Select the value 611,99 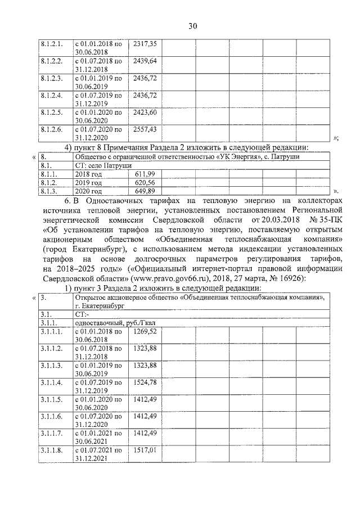[145, 175]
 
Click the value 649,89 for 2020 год [145, 191]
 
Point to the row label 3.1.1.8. [51, 451]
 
